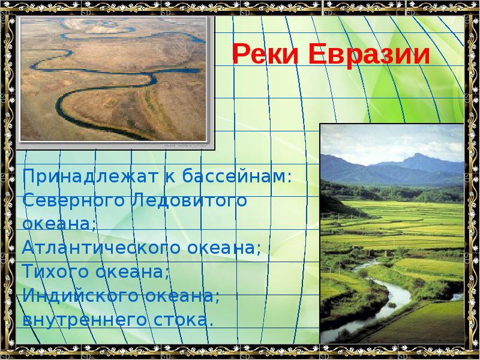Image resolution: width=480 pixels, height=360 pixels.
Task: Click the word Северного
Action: [x=71, y=200]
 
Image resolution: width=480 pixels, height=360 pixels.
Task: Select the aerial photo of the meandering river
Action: [x=114, y=78]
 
